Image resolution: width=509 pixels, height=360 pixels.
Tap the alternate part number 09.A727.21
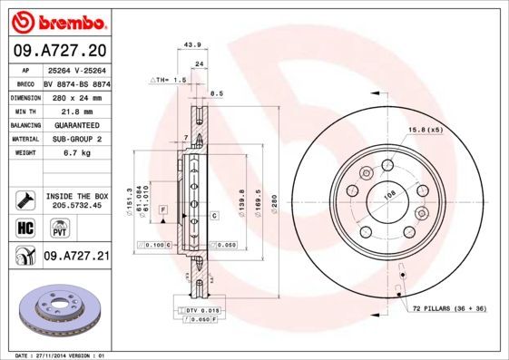point(76,257)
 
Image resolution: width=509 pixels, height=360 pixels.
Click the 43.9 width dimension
point(191,45)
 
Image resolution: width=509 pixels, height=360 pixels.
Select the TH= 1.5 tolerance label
point(169,80)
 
